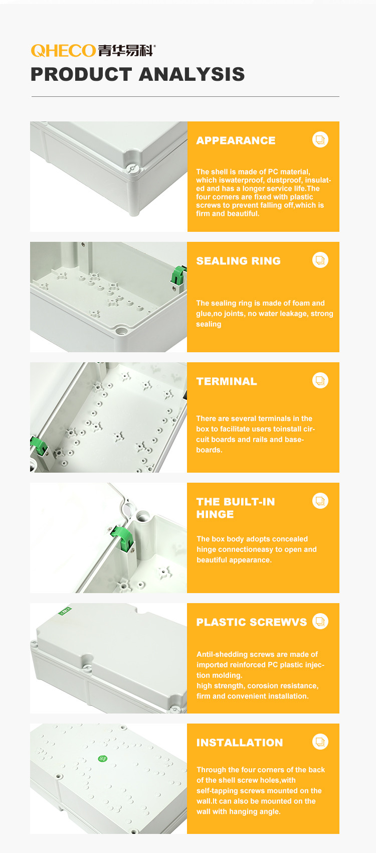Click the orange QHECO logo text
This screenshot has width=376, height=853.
(63, 51)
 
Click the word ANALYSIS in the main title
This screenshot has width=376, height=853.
(192, 74)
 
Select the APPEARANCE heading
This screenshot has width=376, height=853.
(236, 140)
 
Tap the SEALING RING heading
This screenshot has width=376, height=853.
(238, 261)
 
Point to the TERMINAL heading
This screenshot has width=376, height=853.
(227, 381)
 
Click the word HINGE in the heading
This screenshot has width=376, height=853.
(215, 514)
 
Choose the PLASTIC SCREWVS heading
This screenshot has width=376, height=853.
(251, 622)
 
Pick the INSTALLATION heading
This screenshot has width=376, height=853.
(239, 743)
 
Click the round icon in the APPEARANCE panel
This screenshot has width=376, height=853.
(320, 140)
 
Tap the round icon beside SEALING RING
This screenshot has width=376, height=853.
(320, 260)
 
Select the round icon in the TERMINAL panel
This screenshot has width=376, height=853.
(320, 380)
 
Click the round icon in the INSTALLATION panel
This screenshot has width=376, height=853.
(320, 742)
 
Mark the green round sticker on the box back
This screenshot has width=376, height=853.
(102, 758)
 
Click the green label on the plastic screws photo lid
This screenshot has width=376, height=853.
(65, 611)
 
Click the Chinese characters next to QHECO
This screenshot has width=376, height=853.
(126, 51)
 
